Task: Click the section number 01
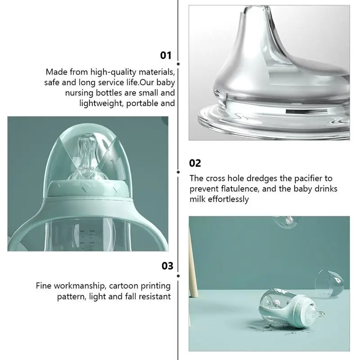click(x=166, y=55)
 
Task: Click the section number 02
click(x=195, y=163)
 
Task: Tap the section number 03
click(x=167, y=266)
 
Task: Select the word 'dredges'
click(x=266, y=179)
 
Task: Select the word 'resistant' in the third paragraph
click(x=153, y=297)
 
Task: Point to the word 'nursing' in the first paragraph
click(x=80, y=93)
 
